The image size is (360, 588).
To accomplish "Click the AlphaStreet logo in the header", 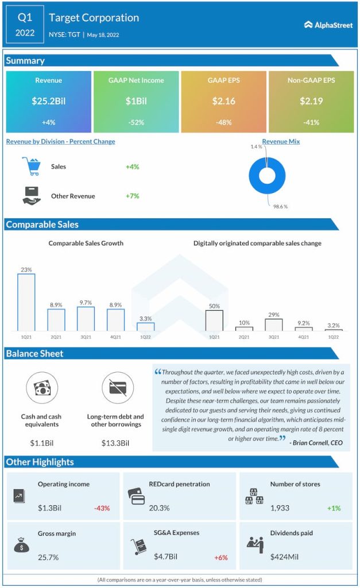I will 328,25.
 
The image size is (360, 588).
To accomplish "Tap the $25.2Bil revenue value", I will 49,101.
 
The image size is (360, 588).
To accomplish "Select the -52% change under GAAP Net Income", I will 136,122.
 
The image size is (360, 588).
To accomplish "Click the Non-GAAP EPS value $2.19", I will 311,101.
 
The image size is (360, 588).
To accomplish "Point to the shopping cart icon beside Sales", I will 32,167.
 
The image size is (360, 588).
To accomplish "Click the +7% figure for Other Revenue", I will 133,196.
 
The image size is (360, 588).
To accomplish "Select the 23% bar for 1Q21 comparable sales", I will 26,301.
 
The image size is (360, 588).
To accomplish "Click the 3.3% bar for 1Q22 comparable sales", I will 146,326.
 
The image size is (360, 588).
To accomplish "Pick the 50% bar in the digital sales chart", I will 214,320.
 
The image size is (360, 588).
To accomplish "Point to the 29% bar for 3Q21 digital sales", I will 274,324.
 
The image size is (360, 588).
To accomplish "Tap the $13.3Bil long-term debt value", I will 115,443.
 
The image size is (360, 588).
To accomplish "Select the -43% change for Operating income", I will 102,508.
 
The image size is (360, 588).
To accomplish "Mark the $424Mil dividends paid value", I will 286,556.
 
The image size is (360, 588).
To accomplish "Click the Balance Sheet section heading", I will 35,353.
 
